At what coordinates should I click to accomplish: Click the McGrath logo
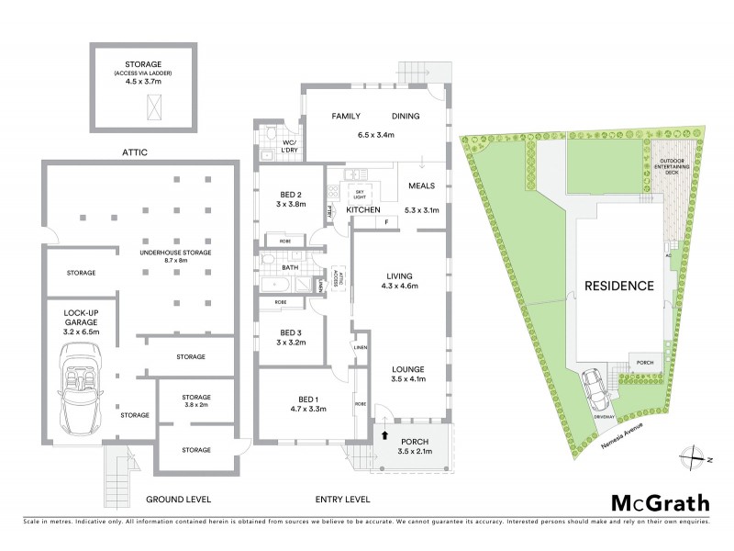point(660,502)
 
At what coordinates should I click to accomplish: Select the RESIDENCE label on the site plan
point(619,286)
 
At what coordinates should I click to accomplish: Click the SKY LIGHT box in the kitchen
point(359,194)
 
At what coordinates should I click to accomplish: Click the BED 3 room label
point(290,336)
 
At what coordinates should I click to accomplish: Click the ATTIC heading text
point(134,152)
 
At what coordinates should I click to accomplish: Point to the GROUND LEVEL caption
point(179,500)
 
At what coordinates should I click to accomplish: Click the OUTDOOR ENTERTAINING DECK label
point(679,166)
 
